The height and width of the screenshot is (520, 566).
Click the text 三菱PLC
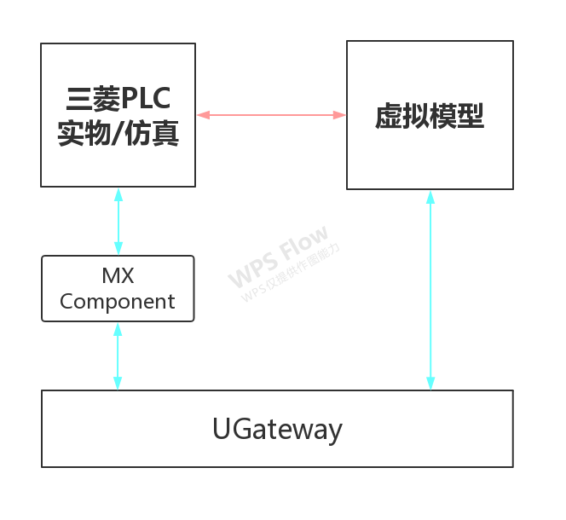click(x=118, y=99)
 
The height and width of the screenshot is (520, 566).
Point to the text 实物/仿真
click(x=118, y=134)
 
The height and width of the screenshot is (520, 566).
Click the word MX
click(x=118, y=276)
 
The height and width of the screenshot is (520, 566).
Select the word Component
click(x=118, y=301)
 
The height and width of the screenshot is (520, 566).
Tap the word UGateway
click(x=277, y=429)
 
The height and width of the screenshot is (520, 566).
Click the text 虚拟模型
click(x=430, y=117)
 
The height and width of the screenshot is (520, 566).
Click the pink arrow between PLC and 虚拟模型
click(x=271, y=114)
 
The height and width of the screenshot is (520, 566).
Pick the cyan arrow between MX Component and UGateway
click(x=118, y=356)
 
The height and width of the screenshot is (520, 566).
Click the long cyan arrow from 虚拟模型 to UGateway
click(x=430, y=290)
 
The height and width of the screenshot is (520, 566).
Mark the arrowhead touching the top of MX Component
click(x=118, y=250)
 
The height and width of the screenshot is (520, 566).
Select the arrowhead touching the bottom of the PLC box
click(x=118, y=194)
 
